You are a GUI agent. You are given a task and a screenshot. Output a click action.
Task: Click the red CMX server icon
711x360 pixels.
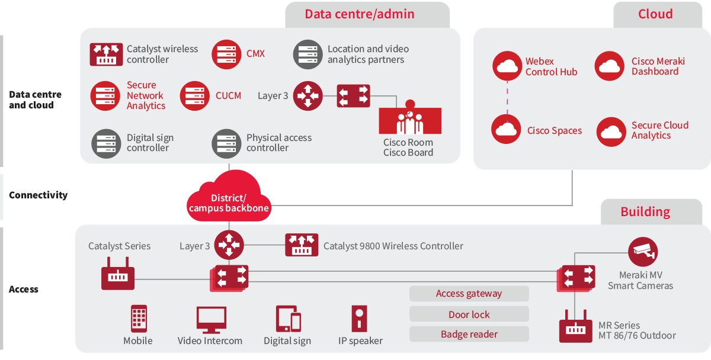tap(226, 54)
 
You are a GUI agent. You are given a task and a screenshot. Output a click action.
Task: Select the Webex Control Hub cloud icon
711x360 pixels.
tap(507, 66)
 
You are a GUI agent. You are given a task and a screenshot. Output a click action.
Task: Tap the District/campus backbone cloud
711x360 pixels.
tap(229, 198)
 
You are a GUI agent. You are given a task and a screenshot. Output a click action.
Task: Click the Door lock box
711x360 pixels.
tap(469, 314)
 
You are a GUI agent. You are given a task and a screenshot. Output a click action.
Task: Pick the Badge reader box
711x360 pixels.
tap(469, 334)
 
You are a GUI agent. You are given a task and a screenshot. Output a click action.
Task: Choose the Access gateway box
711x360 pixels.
tap(469, 294)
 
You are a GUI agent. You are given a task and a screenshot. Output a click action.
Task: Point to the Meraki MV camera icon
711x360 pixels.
tap(643, 252)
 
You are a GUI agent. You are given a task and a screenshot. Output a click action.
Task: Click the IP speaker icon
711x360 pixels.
tap(360, 319)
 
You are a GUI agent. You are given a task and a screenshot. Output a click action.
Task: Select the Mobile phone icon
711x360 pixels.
tap(139, 319)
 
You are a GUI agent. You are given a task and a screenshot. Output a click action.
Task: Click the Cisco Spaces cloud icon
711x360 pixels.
tap(506, 130)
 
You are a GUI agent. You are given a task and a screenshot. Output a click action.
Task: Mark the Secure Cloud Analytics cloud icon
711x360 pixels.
tap(611, 131)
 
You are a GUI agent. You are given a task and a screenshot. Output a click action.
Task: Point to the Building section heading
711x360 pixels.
tap(645, 212)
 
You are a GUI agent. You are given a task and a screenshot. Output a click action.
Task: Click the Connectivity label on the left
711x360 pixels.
tap(38, 195)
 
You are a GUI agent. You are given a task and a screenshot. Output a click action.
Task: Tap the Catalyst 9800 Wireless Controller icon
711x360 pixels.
tap(302, 245)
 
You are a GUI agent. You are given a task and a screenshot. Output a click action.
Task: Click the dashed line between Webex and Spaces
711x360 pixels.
tap(507, 98)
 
